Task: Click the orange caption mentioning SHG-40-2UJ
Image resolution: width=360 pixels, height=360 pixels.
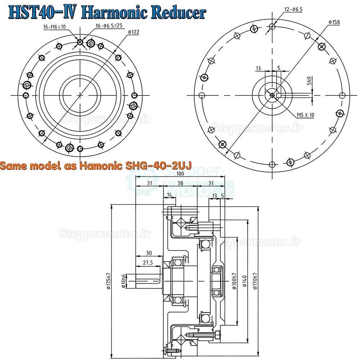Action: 96,166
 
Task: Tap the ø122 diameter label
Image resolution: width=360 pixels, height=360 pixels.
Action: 133,32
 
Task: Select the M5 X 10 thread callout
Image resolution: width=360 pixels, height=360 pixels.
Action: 305,115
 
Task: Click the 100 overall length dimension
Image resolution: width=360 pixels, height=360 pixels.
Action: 180,174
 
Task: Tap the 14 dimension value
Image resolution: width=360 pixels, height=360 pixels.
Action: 169,194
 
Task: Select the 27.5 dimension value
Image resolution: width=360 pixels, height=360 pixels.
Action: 148,263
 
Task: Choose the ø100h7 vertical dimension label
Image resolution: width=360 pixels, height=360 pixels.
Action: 234,281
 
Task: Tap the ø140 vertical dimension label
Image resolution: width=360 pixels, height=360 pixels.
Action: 244,281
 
